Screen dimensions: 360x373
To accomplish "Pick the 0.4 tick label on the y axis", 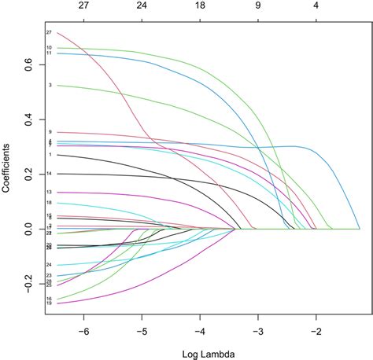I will click(29, 120).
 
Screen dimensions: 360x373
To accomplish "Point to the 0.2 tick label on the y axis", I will click(29, 174).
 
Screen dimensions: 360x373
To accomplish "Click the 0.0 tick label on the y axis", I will click(29, 228).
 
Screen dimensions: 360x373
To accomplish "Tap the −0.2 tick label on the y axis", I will click(29, 281).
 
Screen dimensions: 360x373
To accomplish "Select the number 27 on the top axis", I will click(83, 6).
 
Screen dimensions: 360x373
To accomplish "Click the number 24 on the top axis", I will click(142, 6).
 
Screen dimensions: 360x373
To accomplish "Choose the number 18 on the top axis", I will click(200, 6).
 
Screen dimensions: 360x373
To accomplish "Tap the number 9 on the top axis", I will click(258, 6).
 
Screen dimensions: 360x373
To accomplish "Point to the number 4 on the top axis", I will click(316, 6).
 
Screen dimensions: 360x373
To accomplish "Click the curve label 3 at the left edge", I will click(50, 85).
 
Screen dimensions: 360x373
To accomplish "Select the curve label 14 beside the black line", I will click(49, 173).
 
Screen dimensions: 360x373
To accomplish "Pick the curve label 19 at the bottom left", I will click(49, 303).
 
